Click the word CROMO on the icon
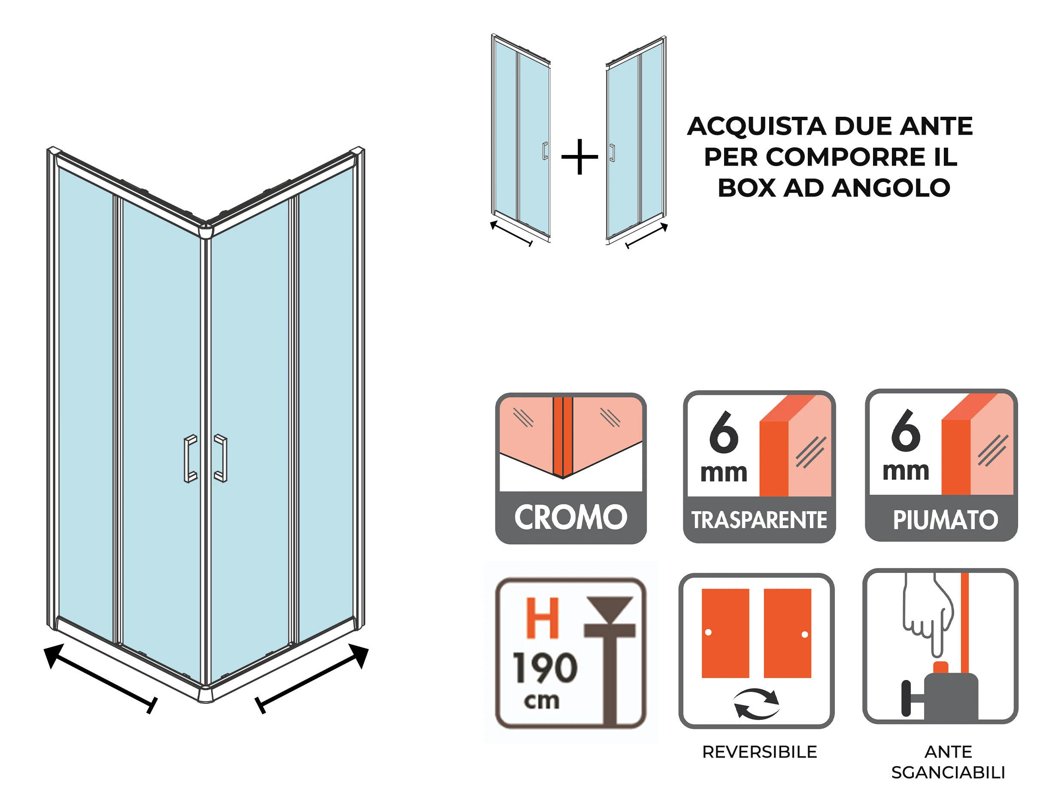570,517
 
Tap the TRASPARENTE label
759,520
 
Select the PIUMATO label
945,519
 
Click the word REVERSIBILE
760,752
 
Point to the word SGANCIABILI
948,773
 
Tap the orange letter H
542,618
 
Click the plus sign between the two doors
579,157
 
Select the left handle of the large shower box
191,458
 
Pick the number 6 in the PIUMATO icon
905,431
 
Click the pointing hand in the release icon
928,613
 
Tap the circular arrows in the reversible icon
756,704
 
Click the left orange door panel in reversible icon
725,633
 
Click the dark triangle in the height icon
610,608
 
